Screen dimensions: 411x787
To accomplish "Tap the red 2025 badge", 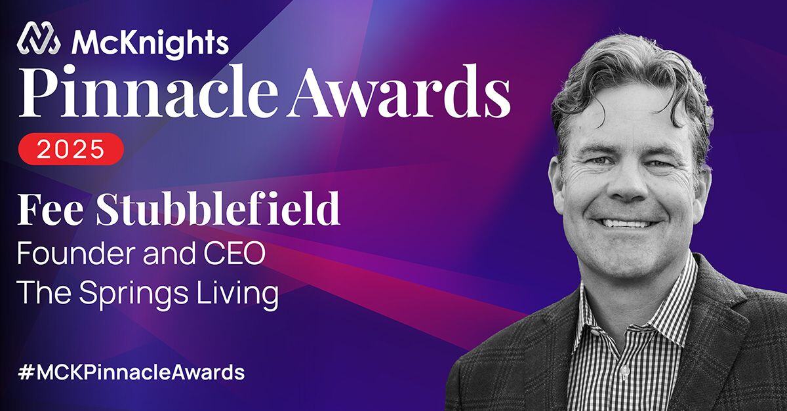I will tap(70, 148).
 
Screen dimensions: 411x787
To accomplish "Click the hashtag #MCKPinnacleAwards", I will tap(131, 372).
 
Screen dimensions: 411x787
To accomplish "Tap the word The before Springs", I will tap(43, 293).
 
